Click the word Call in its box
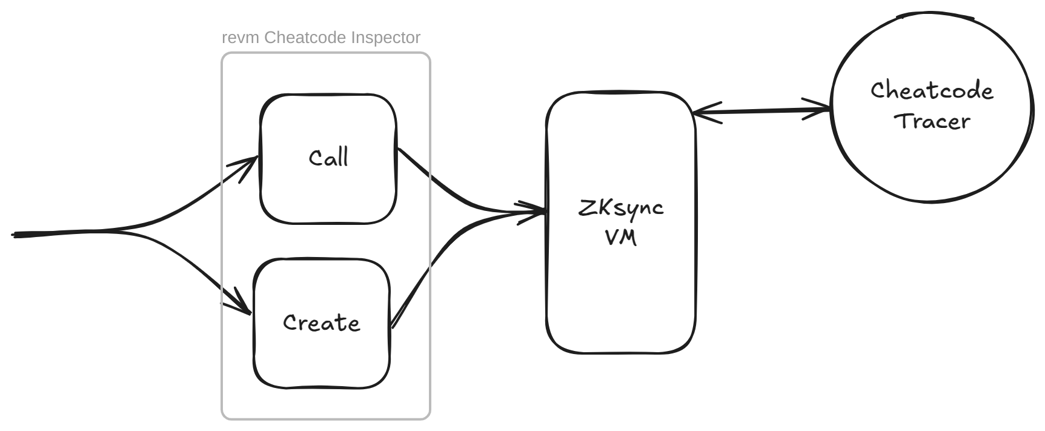pos(328,158)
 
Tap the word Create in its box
pos(321,322)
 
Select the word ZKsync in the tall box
pos(621,208)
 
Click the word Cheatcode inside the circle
pos(932,91)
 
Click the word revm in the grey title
pos(241,38)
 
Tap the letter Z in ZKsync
pos(586,207)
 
